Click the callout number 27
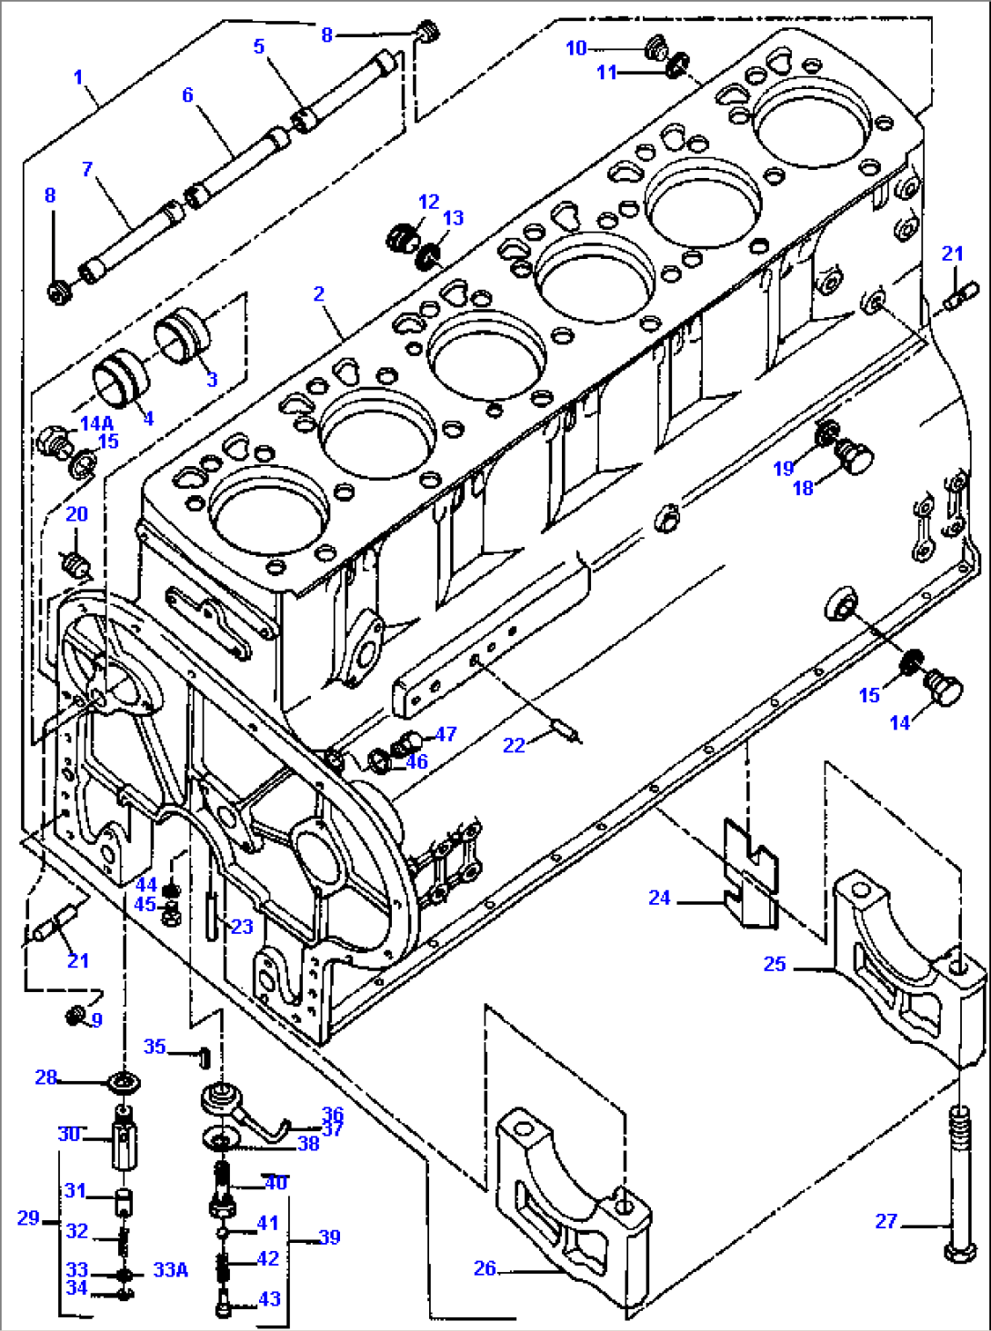pyautogui.click(x=886, y=1221)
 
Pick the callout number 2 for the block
pyautogui.click(x=318, y=293)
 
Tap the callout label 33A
pyautogui.click(x=170, y=1269)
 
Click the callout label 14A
pyautogui.click(x=96, y=423)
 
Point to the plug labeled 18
pyautogui.click(x=855, y=456)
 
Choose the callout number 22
pyautogui.click(x=514, y=745)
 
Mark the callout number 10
pyautogui.click(x=576, y=47)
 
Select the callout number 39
pyautogui.click(x=329, y=1237)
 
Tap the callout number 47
pyautogui.click(x=445, y=733)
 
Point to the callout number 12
pyautogui.click(x=428, y=202)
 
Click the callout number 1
pyautogui.click(x=78, y=77)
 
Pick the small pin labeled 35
pyautogui.click(x=205, y=1056)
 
